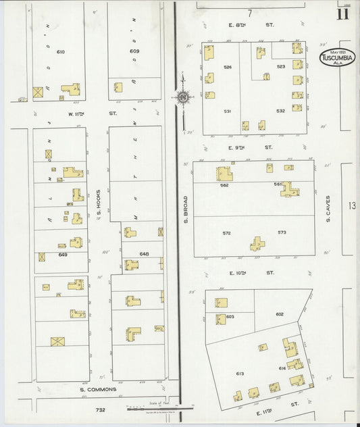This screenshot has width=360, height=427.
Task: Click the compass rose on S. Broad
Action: pyautogui.click(x=182, y=97)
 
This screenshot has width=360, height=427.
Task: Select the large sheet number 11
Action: pyautogui.click(x=343, y=14)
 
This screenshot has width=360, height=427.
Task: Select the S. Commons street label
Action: pyautogui.click(x=98, y=389)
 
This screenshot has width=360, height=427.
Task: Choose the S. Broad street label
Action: pyautogui.click(x=185, y=209)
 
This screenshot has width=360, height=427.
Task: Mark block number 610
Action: pyautogui.click(x=61, y=51)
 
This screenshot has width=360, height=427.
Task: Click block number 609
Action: pyautogui.click(x=134, y=51)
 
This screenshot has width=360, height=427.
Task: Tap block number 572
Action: pyautogui.click(x=227, y=233)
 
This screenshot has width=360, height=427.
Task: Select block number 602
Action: pyautogui.click(x=280, y=314)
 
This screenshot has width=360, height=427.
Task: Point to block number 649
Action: pyautogui.click(x=63, y=255)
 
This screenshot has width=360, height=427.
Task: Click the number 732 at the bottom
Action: pyautogui.click(x=101, y=410)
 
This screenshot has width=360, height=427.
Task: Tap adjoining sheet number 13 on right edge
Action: pyautogui.click(x=351, y=206)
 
